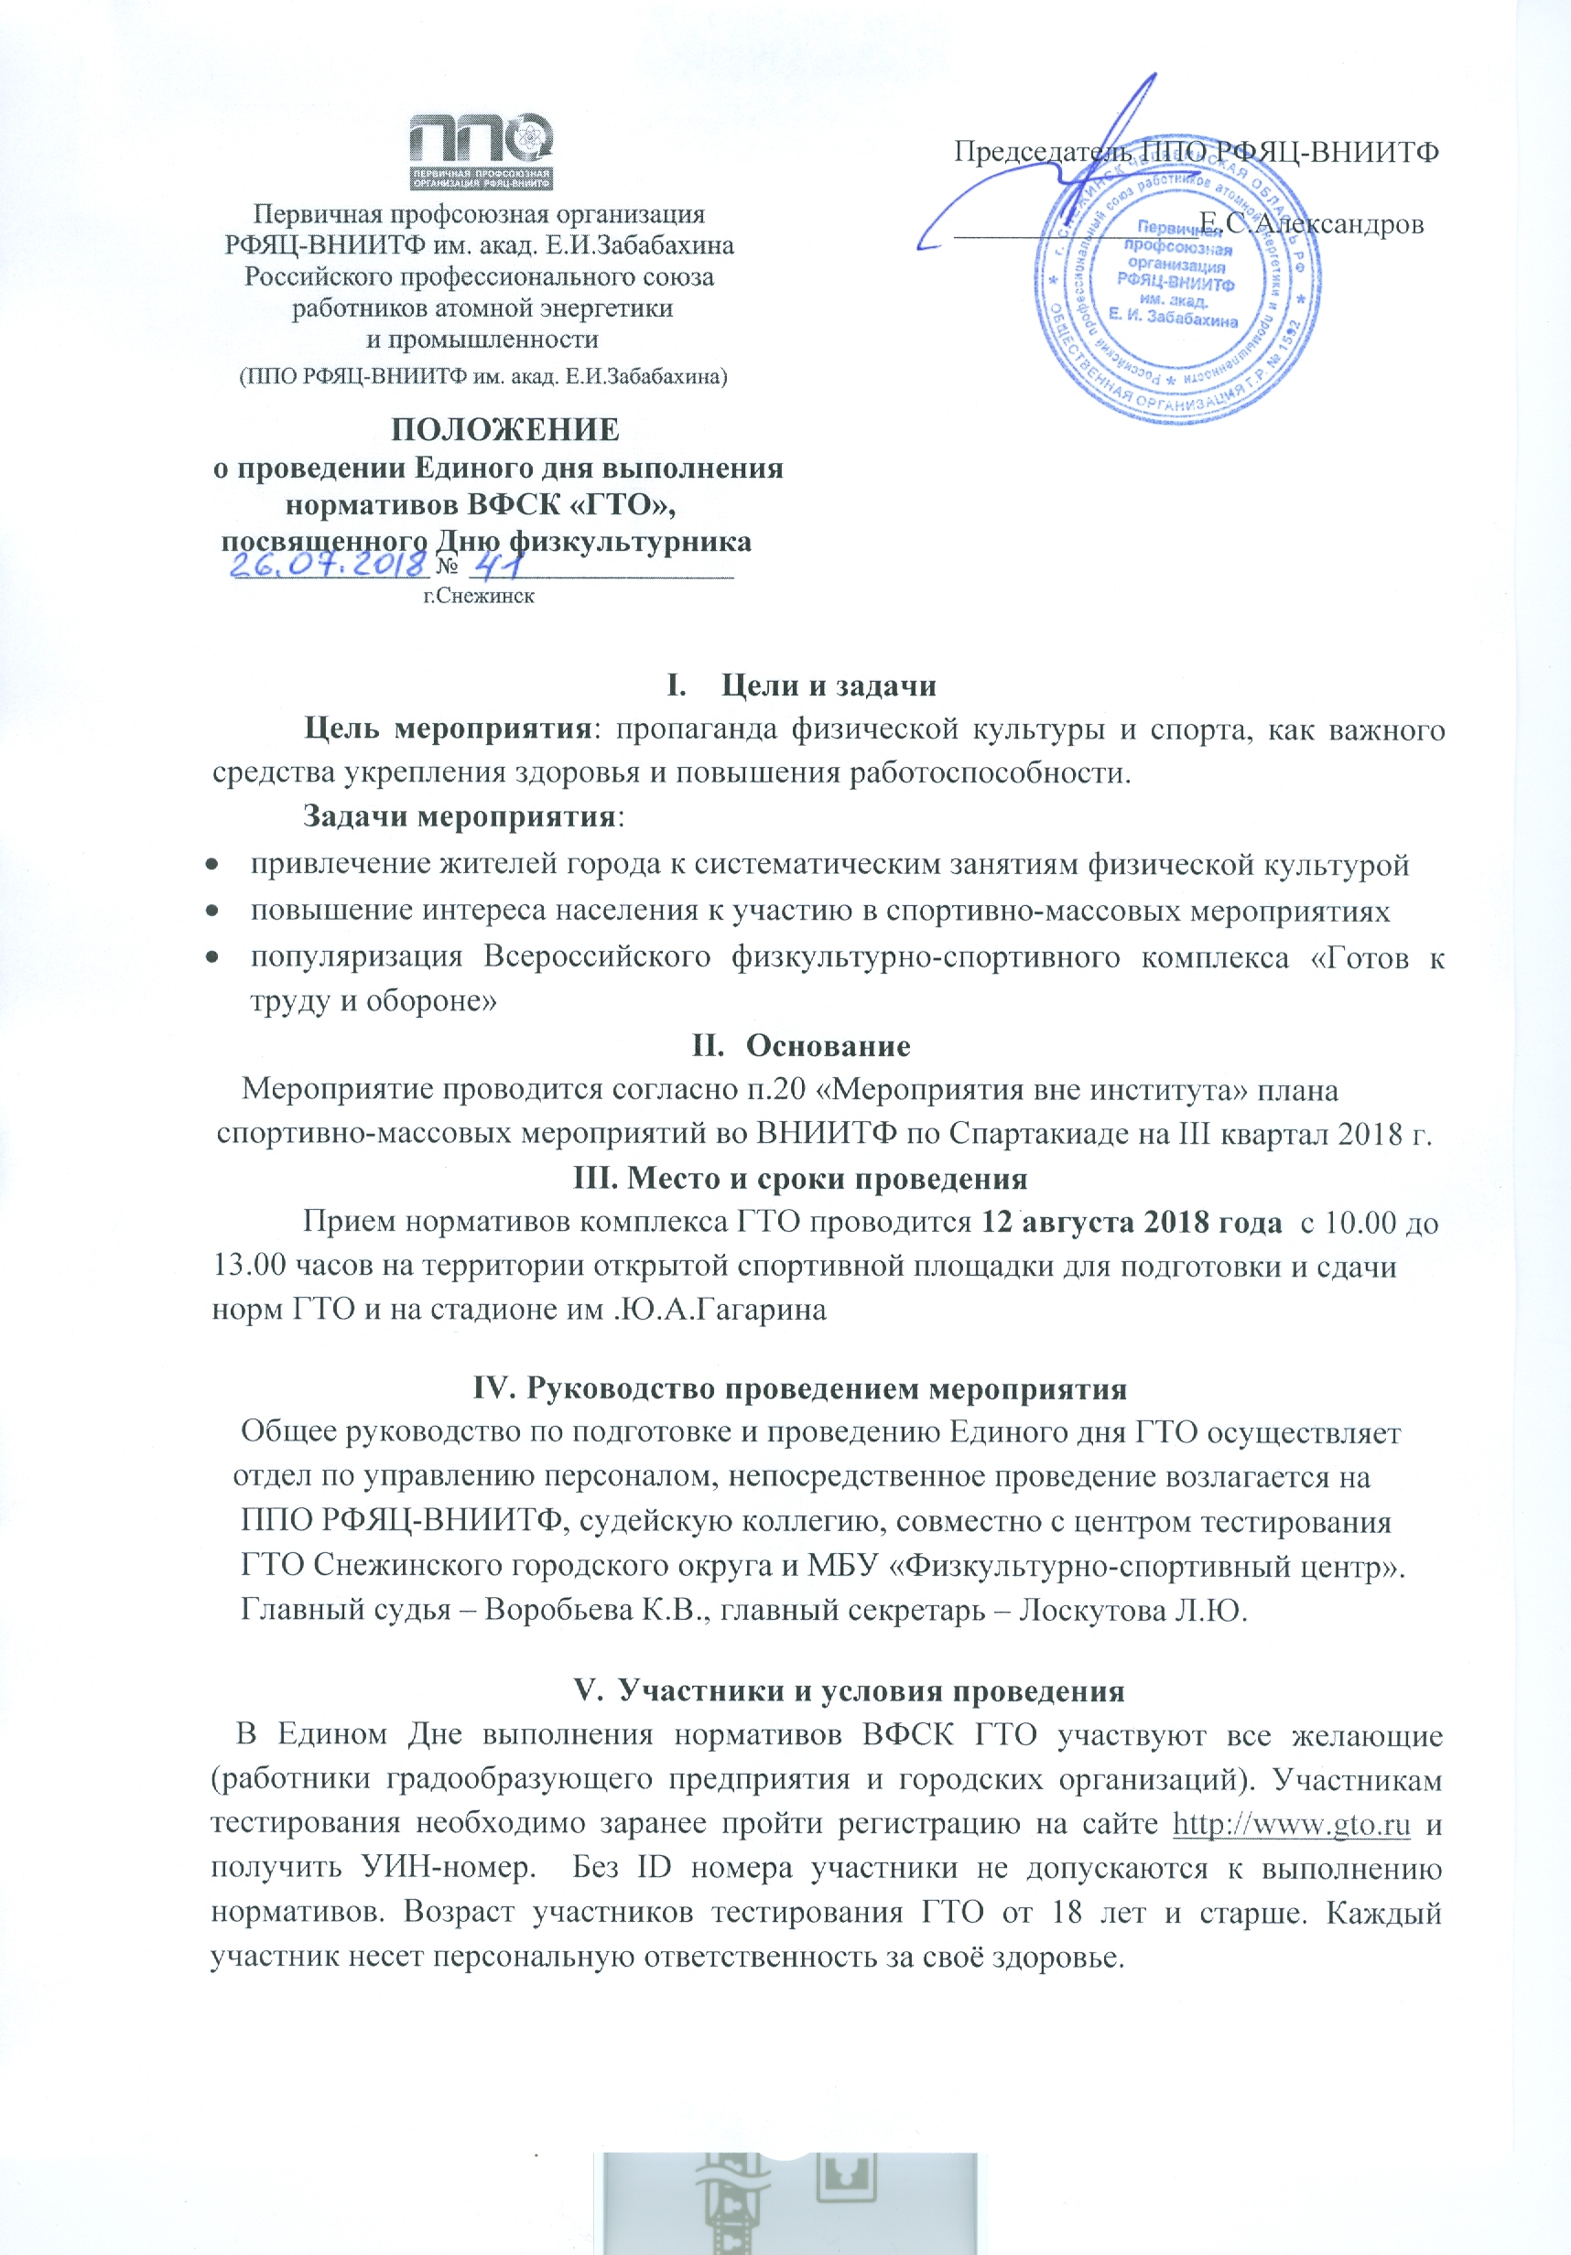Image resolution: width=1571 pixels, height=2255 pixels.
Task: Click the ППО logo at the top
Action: pos(481,152)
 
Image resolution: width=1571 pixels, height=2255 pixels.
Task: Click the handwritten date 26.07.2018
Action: pos(330,565)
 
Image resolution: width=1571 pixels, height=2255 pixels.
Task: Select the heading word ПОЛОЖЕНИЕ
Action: pos(505,430)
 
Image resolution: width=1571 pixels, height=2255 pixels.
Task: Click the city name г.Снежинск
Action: pos(479,596)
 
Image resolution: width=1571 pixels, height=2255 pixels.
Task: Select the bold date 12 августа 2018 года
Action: pos(1132,1223)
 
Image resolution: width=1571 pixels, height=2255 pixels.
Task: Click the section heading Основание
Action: pos(828,1045)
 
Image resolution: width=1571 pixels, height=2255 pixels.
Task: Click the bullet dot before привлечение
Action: pos(211,865)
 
